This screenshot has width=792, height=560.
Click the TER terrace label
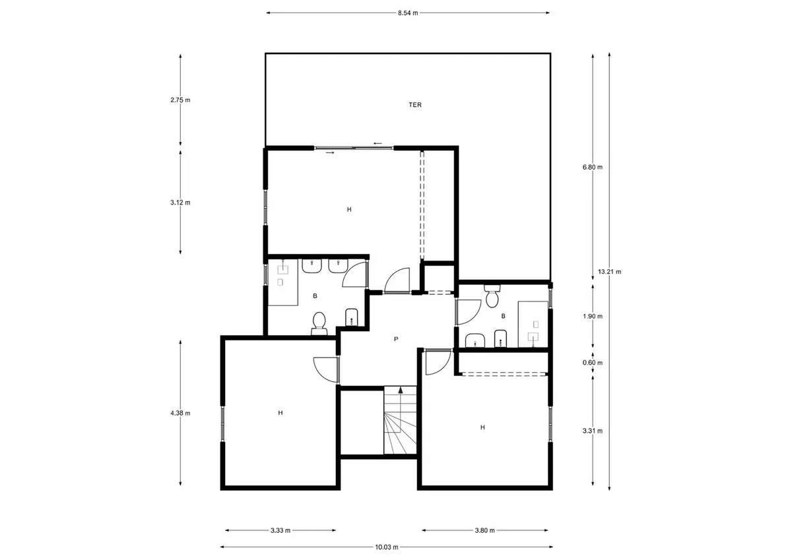415,105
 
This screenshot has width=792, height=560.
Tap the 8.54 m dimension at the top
408,13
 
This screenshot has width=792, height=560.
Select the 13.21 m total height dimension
609,272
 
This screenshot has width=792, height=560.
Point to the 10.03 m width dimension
387,547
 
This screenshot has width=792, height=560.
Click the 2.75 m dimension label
180,100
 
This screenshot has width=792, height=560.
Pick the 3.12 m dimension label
180,202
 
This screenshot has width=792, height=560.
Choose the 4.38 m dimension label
180,413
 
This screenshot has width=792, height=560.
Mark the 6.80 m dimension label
593,167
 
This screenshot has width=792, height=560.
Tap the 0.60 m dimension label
593,363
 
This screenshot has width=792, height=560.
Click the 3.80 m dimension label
484,530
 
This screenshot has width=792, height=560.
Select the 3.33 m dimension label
280,530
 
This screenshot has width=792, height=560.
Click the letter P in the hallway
396,339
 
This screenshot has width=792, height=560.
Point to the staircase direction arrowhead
401,390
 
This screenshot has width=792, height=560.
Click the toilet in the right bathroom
492,296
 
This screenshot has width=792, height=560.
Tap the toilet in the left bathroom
319,323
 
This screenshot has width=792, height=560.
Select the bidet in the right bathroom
500,339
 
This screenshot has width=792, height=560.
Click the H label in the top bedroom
349,210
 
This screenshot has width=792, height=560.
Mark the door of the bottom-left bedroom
325,369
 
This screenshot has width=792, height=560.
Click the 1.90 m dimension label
593,316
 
